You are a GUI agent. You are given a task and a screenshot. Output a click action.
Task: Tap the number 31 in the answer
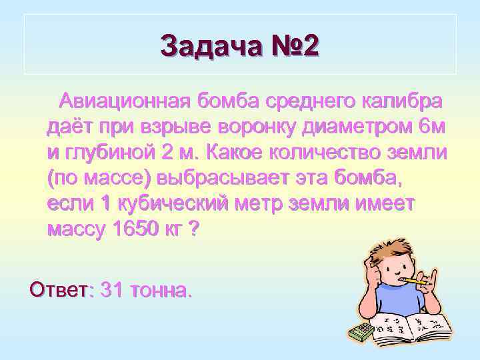[111, 290]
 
